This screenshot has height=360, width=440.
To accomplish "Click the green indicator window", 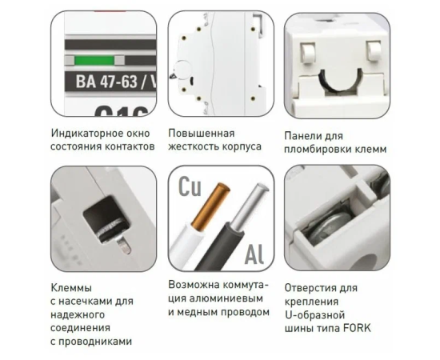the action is click(x=94, y=60).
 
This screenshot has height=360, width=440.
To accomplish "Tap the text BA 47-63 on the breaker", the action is click(x=106, y=82).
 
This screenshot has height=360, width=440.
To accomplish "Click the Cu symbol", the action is click(x=190, y=186).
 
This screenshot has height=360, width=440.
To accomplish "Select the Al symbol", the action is click(x=254, y=254).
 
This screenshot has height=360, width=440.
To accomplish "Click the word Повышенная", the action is click(x=202, y=133).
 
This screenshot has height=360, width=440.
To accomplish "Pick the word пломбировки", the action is click(x=321, y=150).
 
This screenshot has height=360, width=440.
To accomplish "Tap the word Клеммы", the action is click(x=71, y=288).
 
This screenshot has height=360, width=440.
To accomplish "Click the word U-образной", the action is click(x=315, y=315).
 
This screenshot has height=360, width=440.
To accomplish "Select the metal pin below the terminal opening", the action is click(x=124, y=245).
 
